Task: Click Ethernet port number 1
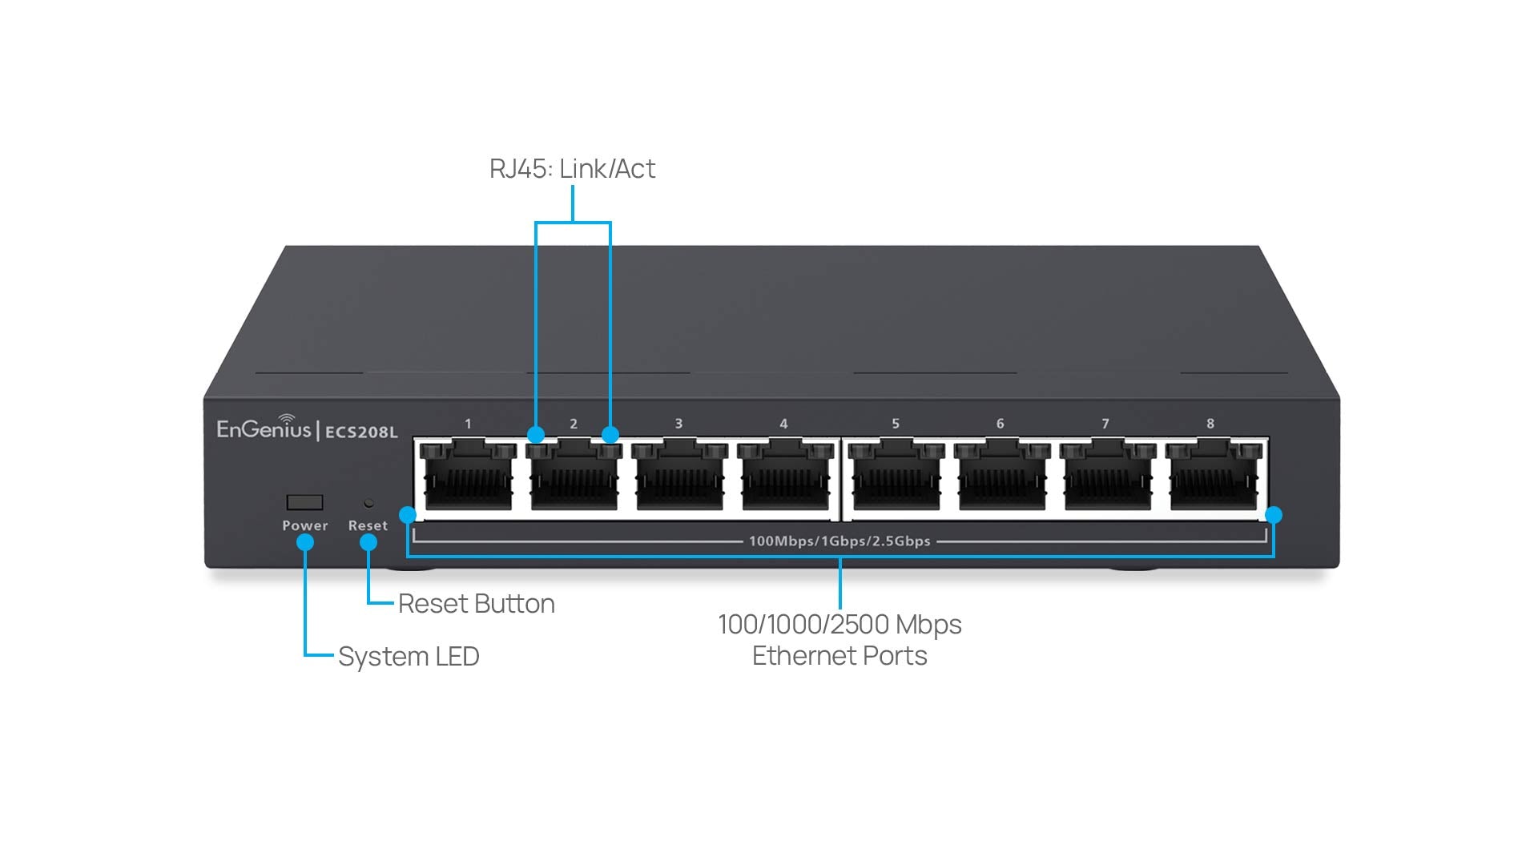468,478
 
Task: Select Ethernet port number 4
783,478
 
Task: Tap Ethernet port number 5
896,478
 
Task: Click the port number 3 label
678,424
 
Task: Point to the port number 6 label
1000,424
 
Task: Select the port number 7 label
1105,424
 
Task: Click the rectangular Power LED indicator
304,502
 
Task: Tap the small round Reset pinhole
368,503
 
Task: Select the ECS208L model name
361,432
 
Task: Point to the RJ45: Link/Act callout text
572,169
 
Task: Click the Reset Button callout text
476,604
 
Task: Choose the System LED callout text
409,657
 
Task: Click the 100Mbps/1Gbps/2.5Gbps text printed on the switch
839,541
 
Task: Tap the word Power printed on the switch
304,526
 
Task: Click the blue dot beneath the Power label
304,542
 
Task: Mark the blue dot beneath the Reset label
368,542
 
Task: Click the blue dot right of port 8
1274,515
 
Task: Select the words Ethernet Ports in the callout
839,656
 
